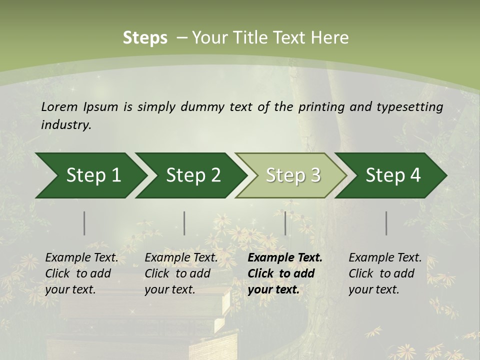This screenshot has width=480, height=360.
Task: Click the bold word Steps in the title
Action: [145, 37]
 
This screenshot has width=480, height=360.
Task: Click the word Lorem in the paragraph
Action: [59, 107]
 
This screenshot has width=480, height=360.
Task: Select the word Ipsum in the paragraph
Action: [101, 107]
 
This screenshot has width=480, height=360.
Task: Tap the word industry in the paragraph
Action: [66, 125]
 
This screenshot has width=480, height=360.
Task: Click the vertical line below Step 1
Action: [84, 223]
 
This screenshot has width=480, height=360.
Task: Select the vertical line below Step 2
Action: [184, 223]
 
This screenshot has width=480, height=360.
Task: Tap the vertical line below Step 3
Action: [285, 223]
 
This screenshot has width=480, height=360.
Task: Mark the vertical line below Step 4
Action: [386, 223]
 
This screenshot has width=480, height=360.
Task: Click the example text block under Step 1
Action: [81, 273]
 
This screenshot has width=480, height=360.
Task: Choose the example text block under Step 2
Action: [181, 273]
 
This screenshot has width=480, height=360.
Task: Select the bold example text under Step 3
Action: [285, 273]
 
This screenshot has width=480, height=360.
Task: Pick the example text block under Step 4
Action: [385, 273]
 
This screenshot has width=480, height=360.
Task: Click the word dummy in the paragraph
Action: [203, 107]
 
